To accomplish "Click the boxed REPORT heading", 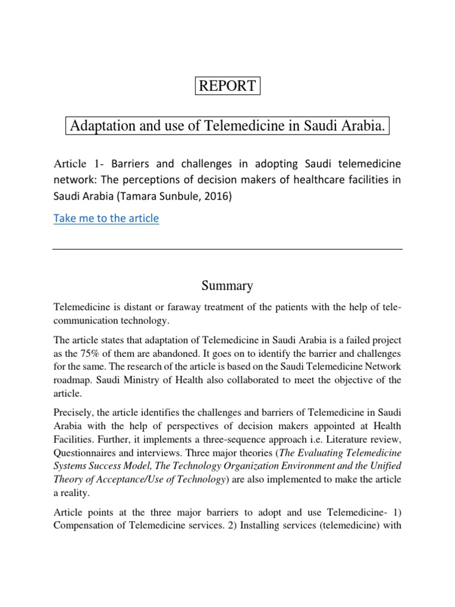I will (228, 85).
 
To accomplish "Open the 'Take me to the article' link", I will (106, 218).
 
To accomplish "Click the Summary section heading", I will (227, 286).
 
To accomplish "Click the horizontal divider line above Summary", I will (227, 249).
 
